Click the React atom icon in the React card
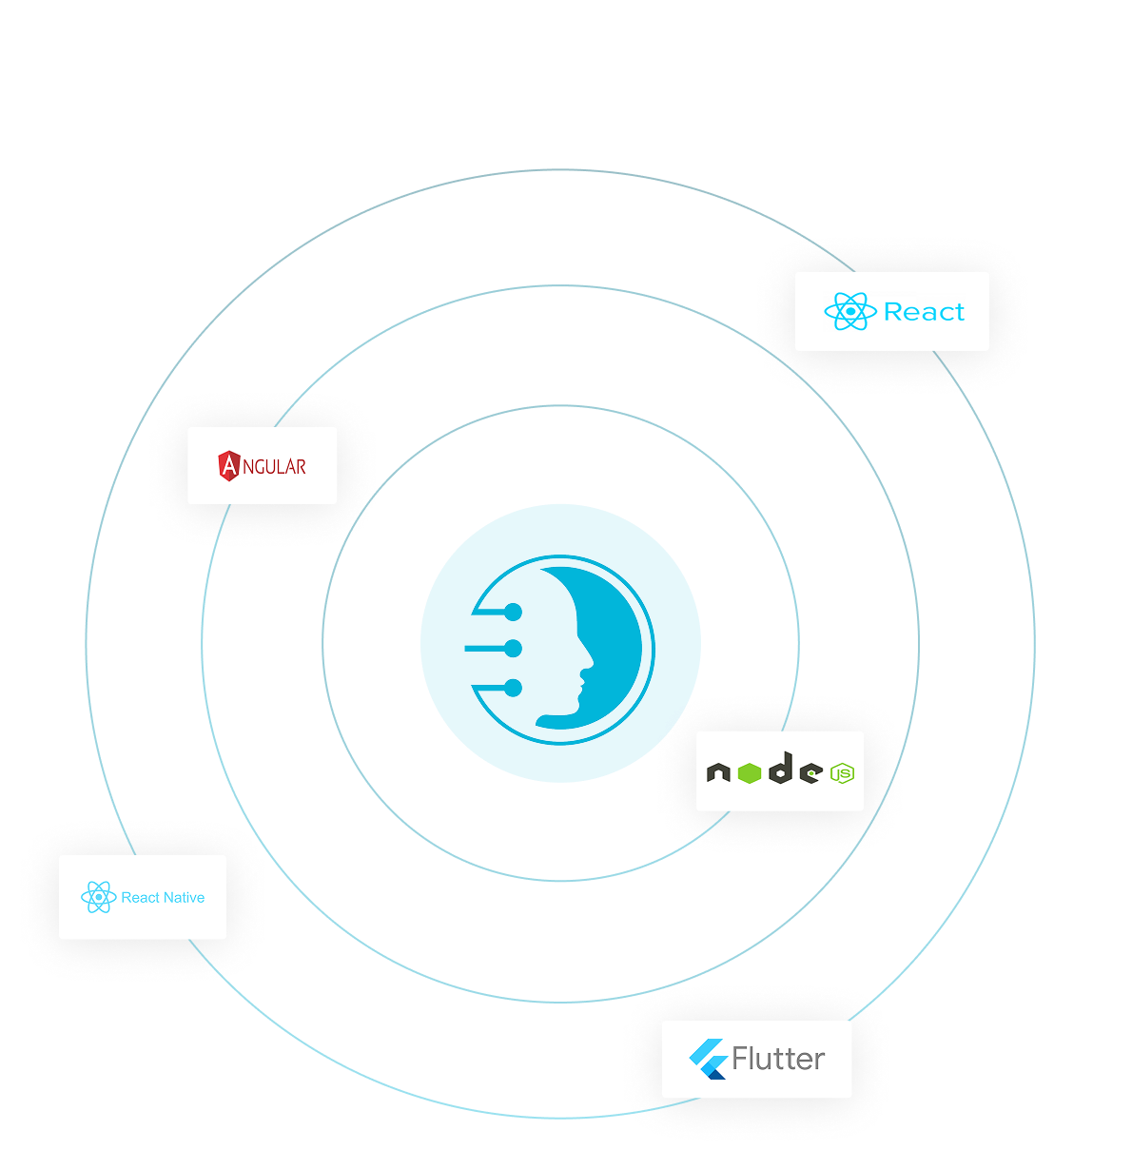pos(849,311)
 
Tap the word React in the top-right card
pos(924,312)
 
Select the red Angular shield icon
pos(229,466)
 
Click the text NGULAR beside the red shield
pos(275,467)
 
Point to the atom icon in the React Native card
pos(99,897)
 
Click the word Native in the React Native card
pos(184,897)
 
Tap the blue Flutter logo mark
pos(708,1059)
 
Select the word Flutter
pos(778,1059)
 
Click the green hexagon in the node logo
pos(749,773)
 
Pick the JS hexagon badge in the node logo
pos(842,774)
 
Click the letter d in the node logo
pos(780,769)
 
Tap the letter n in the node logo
pos(718,773)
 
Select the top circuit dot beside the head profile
pos(513,612)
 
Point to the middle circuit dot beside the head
pos(513,650)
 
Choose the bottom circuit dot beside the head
pos(513,686)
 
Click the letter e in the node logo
pos(810,773)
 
